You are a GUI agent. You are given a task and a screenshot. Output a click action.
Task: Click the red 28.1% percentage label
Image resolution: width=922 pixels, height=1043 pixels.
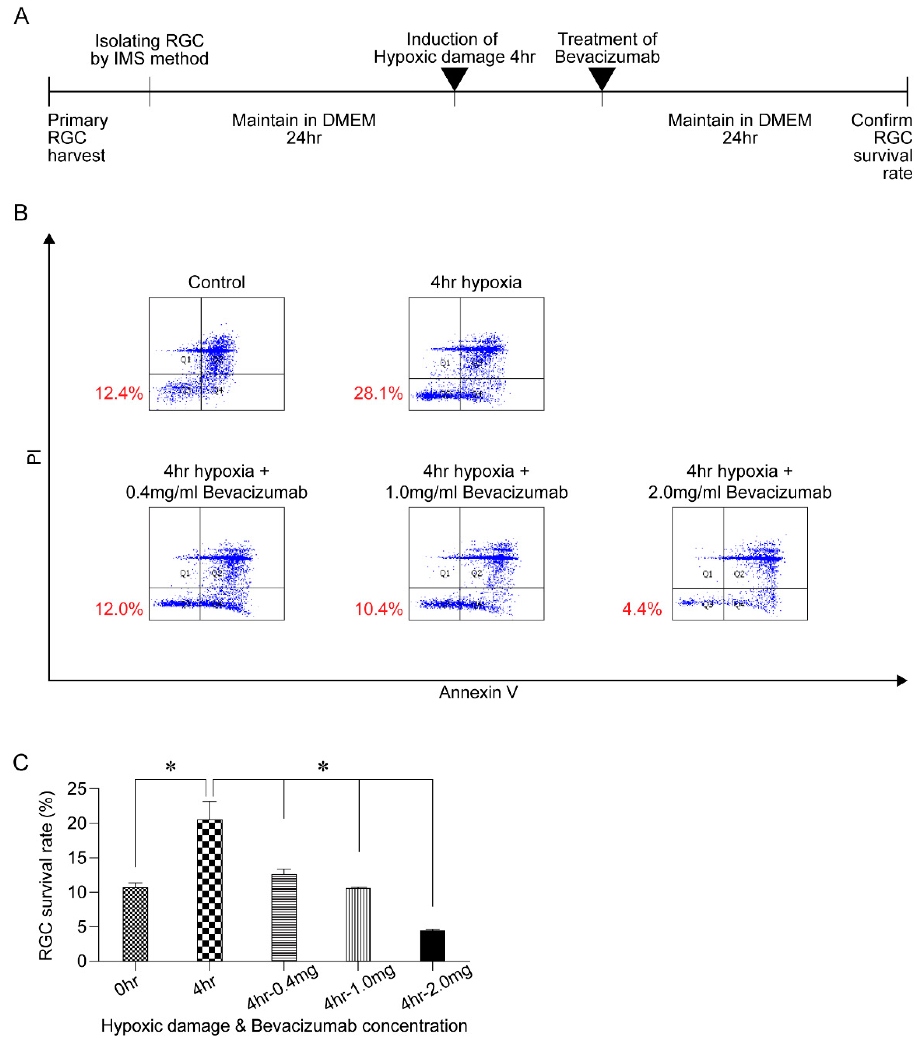(378, 393)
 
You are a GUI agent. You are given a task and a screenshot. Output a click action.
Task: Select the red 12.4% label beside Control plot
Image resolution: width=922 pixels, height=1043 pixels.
(119, 393)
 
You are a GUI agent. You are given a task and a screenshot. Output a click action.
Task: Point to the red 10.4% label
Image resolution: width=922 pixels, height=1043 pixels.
(379, 609)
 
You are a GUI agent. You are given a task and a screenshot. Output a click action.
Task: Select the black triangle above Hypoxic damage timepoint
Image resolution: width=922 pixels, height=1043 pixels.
(454, 78)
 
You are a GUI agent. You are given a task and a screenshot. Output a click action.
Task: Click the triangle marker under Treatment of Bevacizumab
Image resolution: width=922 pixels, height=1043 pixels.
(601, 78)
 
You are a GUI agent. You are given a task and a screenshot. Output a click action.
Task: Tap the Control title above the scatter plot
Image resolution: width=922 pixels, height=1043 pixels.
(216, 282)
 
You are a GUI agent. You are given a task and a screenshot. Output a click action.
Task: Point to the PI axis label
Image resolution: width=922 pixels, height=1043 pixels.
(34, 456)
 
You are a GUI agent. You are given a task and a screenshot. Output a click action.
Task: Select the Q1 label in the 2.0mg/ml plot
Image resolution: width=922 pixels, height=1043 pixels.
(707, 574)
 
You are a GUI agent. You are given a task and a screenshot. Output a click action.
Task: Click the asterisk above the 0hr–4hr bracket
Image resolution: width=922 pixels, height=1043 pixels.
(170, 767)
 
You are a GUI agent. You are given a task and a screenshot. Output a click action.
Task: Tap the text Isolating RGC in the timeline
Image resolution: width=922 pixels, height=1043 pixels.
(150, 41)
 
